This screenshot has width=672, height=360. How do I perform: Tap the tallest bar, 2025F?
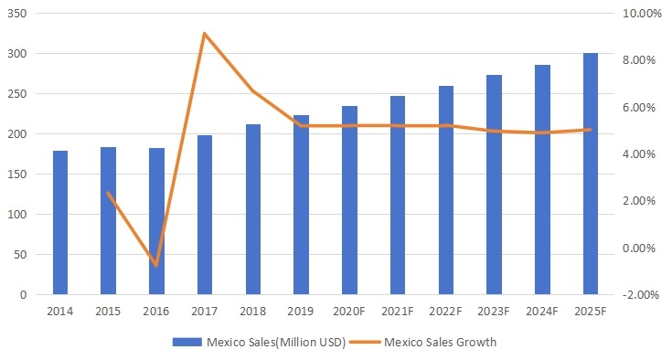pyautogui.click(x=591, y=174)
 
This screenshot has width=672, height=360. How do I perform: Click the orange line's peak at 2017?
pyautogui.click(x=205, y=34)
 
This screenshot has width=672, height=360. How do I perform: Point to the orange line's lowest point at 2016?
pyautogui.click(x=156, y=265)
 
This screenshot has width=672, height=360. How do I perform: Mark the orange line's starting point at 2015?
pyautogui.click(x=109, y=194)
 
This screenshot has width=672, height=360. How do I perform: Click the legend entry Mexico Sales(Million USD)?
pyautogui.click(x=258, y=342)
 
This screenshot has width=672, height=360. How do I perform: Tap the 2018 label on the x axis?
pyautogui.click(x=253, y=311)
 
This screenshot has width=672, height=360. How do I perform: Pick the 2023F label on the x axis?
pyautogui.click(x=494, y=311)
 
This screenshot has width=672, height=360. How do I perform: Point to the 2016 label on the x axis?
pyautogui.click(x=156, y=311)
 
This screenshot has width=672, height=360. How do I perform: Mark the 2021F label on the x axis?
pyautogui.click(x=398, y=311)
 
